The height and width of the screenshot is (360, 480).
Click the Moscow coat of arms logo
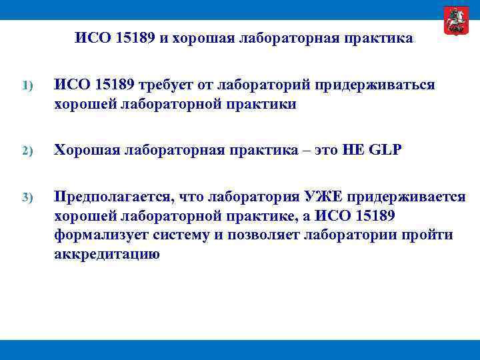click(456, 21)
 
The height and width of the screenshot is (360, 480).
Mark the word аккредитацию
click(107, 254)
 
